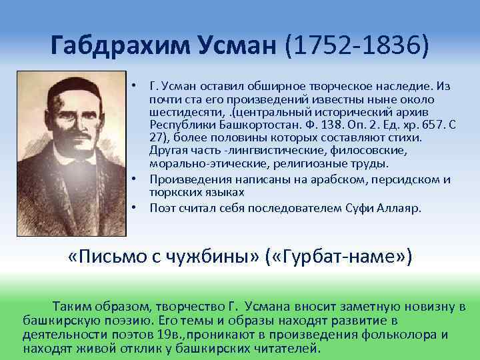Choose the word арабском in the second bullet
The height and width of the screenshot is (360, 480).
[313, 179]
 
